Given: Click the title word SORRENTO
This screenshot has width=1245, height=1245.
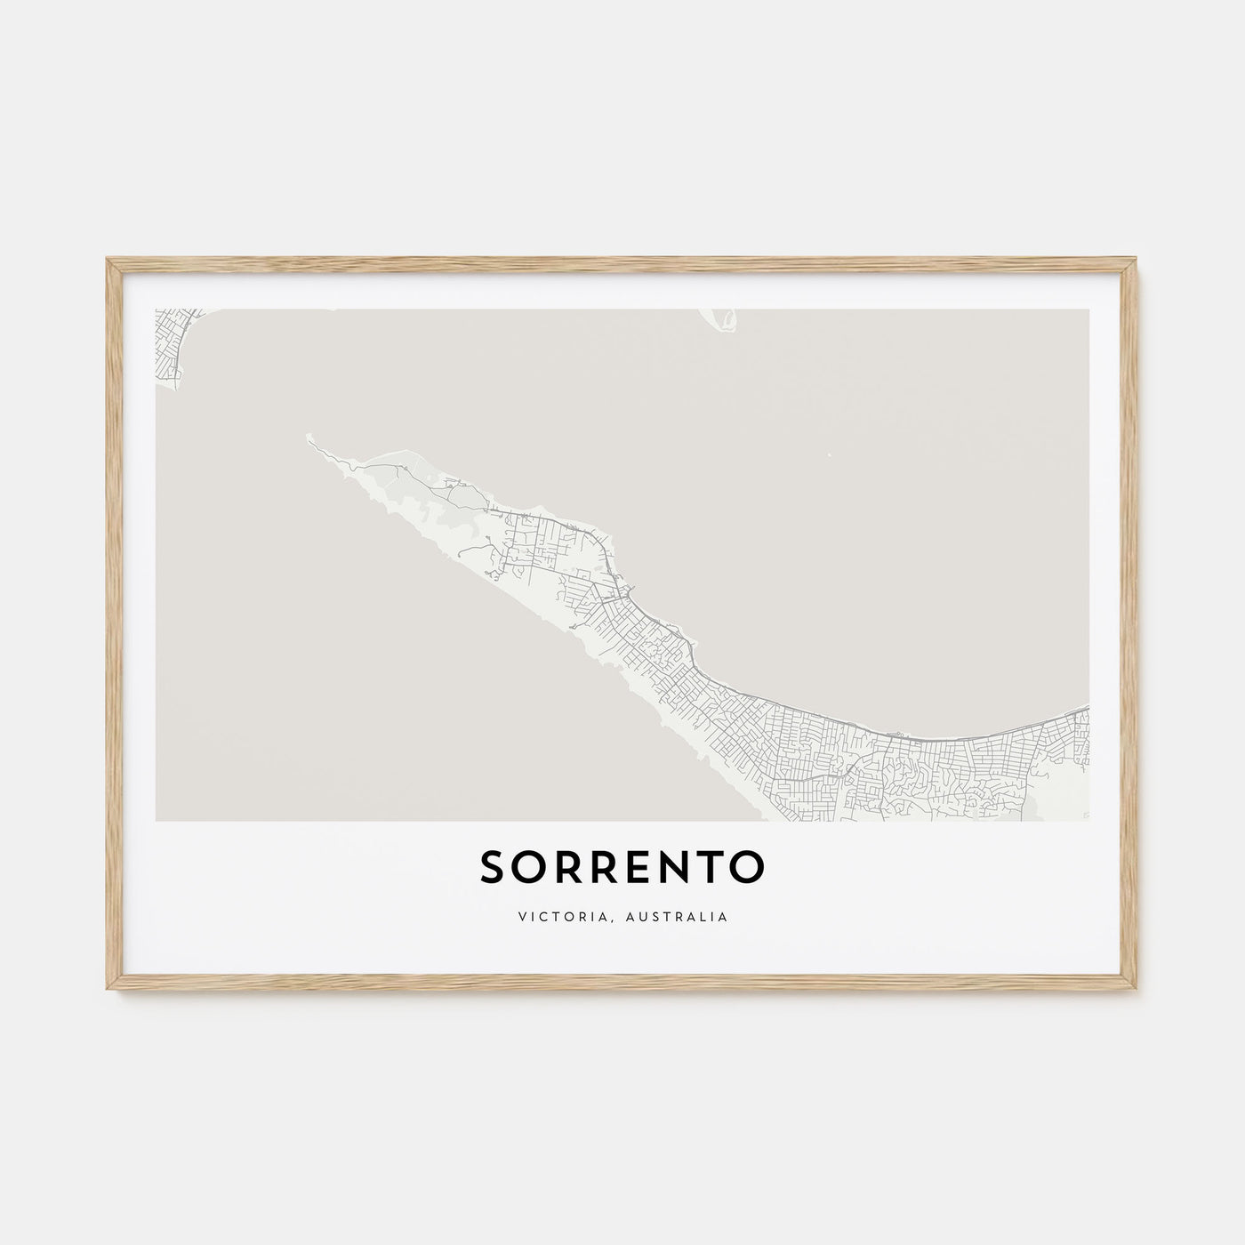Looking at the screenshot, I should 622,869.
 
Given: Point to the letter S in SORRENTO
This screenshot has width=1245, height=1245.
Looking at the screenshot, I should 492,869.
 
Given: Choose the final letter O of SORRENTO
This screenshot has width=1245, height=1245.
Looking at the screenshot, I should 749,869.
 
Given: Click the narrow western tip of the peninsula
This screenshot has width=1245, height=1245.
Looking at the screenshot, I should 310,437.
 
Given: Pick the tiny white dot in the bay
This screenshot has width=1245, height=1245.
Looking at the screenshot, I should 829,457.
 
